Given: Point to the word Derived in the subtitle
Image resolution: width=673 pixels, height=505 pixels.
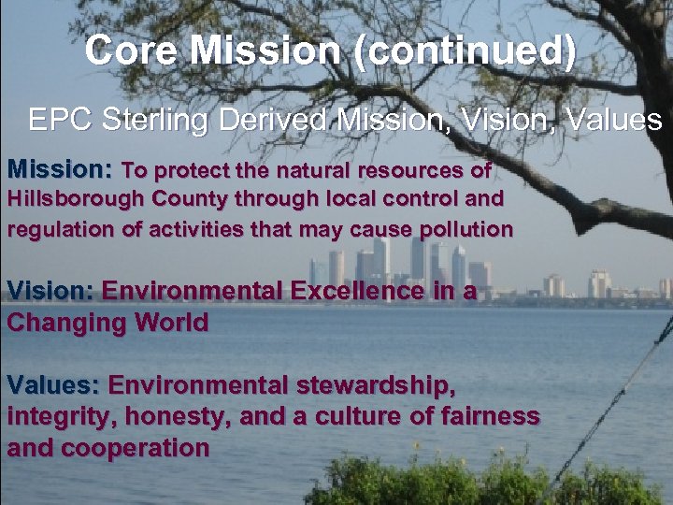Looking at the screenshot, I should (286, 120).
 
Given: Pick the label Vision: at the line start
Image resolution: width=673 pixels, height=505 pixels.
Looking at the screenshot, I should (50, 291).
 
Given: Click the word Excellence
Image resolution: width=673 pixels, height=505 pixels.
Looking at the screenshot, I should (360, 291).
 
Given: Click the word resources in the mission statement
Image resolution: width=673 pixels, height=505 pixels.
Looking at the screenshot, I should (406, 171).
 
